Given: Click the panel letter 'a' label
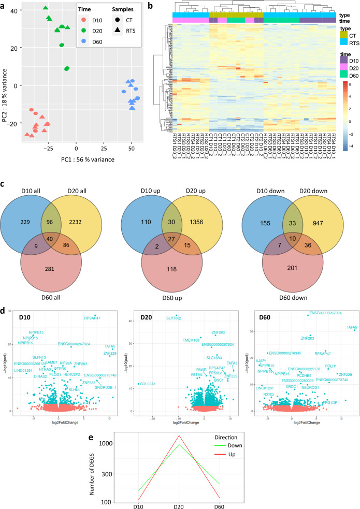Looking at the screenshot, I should tap(4, 5).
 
